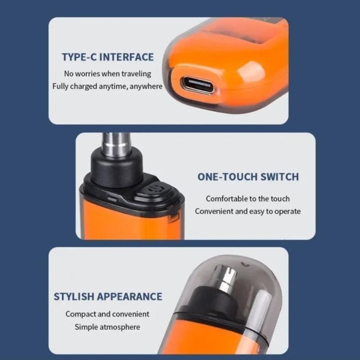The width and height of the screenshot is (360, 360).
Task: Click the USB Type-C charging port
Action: tap(198, 85)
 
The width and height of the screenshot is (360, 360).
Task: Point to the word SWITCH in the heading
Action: tap(279, 177)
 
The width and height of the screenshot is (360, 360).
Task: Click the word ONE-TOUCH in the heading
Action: tap(228, 177)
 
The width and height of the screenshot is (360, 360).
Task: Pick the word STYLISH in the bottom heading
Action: tap(74, 297)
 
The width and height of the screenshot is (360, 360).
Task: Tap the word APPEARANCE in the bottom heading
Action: tap(130, 297)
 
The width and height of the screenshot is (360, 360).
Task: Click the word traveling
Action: tap(136, 74)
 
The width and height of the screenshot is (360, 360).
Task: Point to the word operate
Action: tap(288, 211)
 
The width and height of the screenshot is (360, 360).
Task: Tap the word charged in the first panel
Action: tap(84, 86)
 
